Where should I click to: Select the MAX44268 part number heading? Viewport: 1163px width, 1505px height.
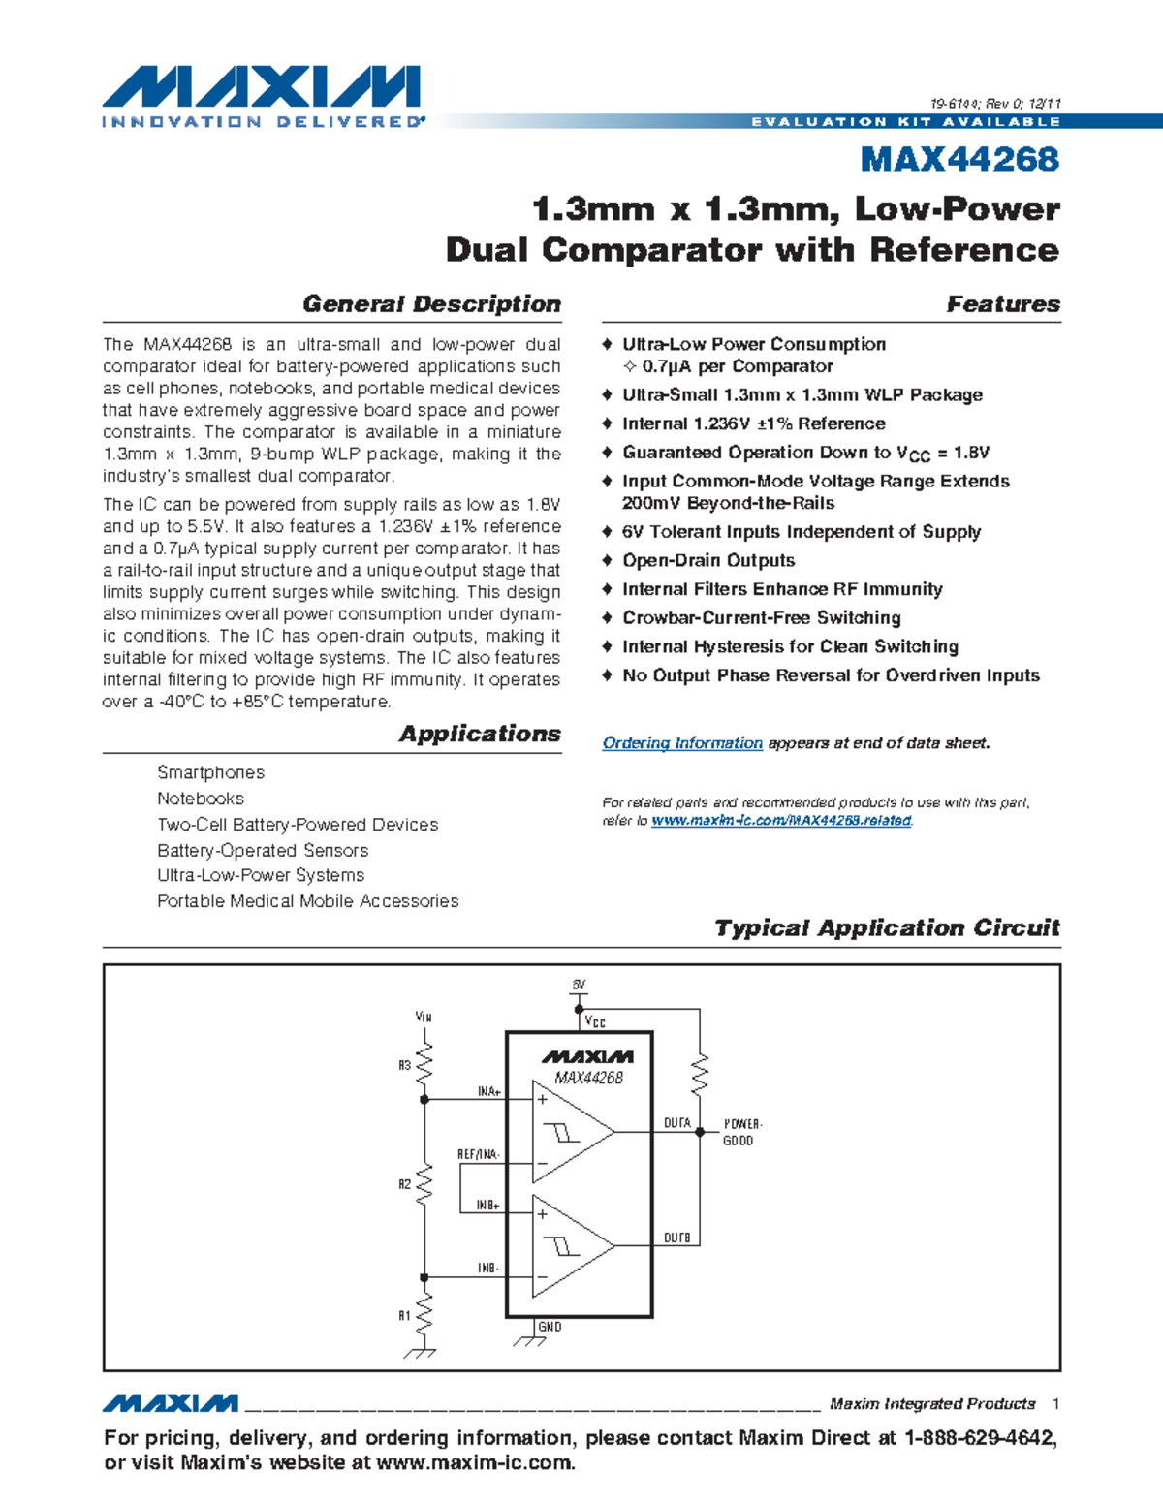pyautogui.click(x=959, y=159)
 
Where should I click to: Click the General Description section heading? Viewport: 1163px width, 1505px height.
pyautogui.click(x=431, y=304)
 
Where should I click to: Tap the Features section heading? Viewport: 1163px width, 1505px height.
pyautogui.click(x=1003, y=304)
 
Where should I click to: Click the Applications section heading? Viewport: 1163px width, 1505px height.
pyautogui.click(x=480, y=734)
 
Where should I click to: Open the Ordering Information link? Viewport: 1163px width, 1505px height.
pyautogui.click(x=682, y=743)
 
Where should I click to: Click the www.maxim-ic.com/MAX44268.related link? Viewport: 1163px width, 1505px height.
pyautogui.click(x=781, y=821)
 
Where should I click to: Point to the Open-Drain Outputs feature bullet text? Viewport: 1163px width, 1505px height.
pyautogui.click(x=708, y=560)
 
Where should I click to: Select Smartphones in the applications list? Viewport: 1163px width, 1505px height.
pyautogui.click(x=210, y=772)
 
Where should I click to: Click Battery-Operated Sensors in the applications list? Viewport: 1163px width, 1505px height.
pyautogui.click(x=263, y=850)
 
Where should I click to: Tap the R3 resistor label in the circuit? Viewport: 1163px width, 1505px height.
pyautogui.click(x=404, y=1065)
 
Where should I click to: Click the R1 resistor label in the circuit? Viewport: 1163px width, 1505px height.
pyautogui.click(x=404, y=1316)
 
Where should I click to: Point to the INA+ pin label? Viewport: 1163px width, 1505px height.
pyautogui.click(x=488, y=1092)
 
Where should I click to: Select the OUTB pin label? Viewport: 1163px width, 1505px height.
pyautogui.click(x=676, y=1238)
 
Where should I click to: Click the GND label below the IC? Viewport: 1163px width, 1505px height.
pyautogui.click(x=550, y=1327)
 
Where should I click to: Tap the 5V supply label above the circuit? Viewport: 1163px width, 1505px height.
pyautogui.click(x=579, y=985)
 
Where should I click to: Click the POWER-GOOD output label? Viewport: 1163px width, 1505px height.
pyautogui.click(x=742, y=1132)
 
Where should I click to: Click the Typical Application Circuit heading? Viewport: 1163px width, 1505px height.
pyautogui.click(x=887, y=927)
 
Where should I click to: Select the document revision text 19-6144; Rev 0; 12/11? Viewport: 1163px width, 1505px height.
pyautogui.click(x=995, y=104)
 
